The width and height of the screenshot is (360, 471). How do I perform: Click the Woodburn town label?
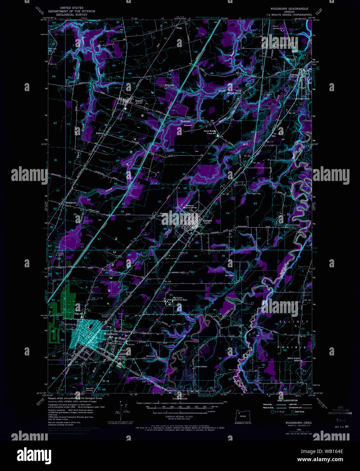click(x=108, y=333)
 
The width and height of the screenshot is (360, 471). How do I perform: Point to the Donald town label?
click(x=139, y=101)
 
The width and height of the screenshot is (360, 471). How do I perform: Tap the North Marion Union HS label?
click(x=210, y=132)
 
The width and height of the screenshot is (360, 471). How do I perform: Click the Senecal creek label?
click(x=185, y=121)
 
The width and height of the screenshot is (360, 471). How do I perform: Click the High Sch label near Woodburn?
click(x=79, y=313)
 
